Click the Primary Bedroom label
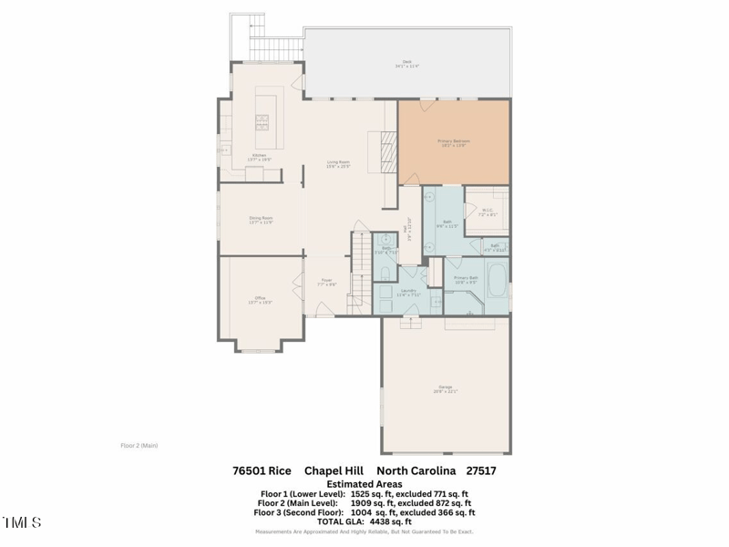point(453,142)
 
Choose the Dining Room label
point(262,220)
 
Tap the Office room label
point(260,300)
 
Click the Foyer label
point(326,283)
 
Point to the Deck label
point(406,65)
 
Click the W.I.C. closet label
point(487,212)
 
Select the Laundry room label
point(407,293)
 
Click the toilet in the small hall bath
point(385,273)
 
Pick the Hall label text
point(409,224)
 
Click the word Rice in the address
point(280,471)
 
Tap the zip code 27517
point(481,471)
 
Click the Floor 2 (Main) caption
point(139,446)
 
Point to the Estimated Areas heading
point(364,484)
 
